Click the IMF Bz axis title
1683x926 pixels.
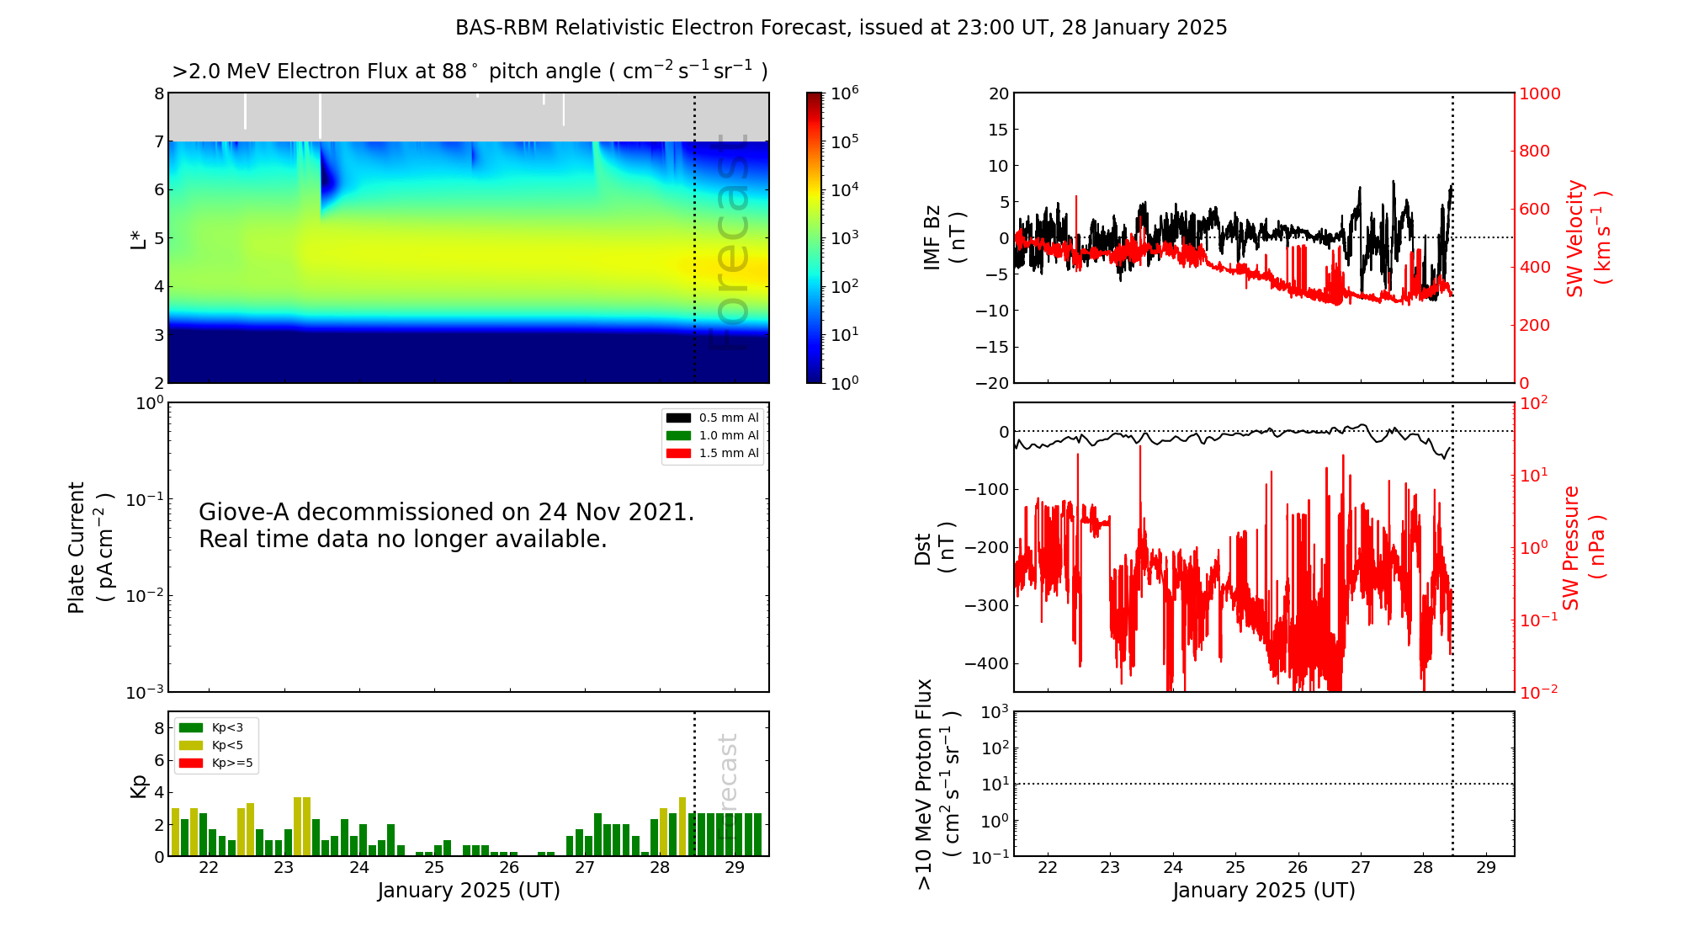[943, 238]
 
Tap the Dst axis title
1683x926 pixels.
[934, 548]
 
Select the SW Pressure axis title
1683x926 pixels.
[1583, 548]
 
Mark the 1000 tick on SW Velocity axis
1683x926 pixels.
[1539, 93]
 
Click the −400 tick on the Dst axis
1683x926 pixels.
[986, 663]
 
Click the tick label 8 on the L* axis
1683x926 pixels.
[158, 93]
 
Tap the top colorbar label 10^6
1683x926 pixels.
[843, 93]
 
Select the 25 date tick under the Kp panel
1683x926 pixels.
[433, 868]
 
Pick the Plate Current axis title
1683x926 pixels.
[89, 548]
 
